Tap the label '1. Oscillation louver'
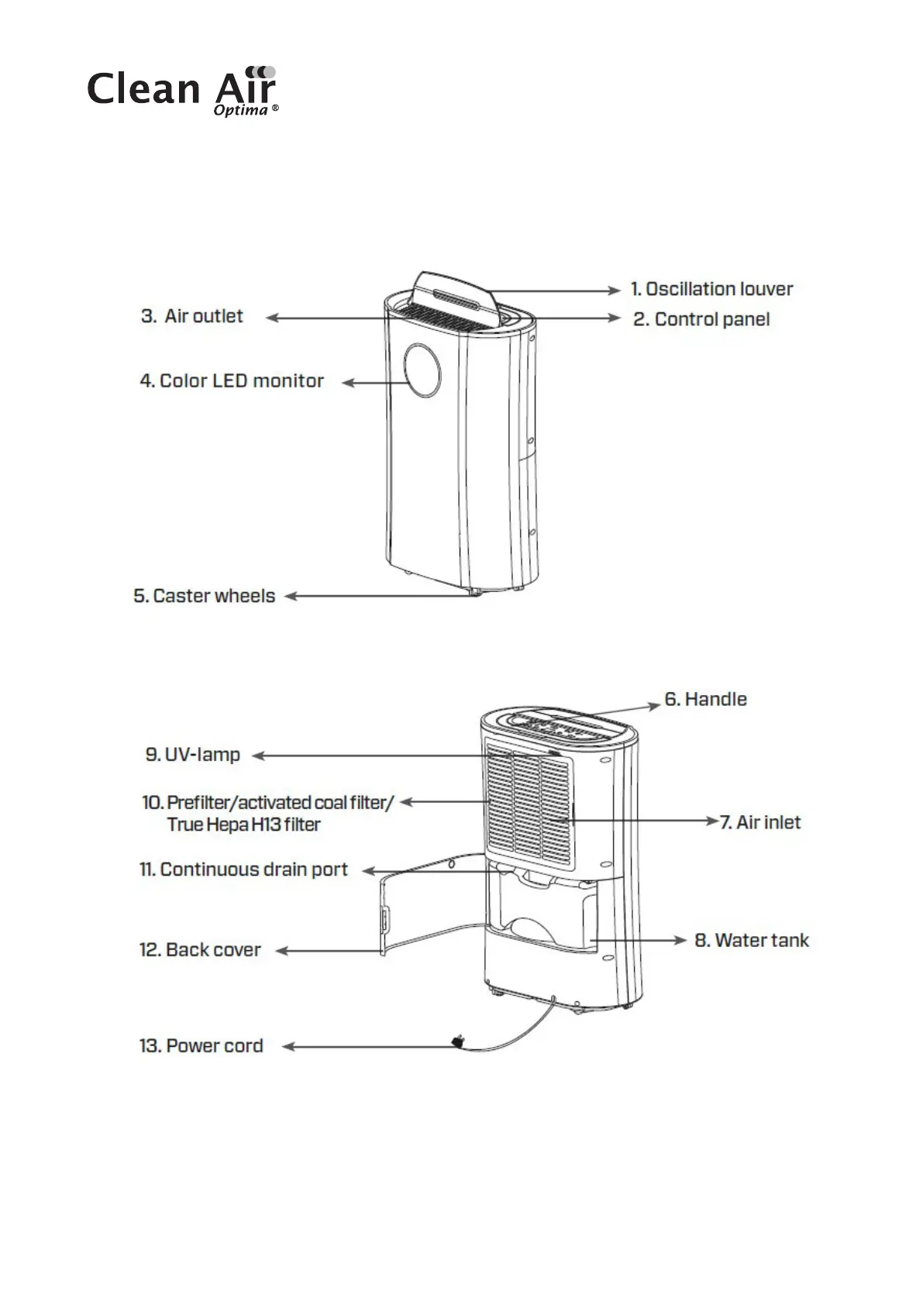(711, 289)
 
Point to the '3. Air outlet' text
(192, 316)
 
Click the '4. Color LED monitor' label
(232, 380)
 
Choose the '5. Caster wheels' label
(205, 596)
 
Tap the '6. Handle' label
(705, 699)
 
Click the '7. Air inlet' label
(760, 822)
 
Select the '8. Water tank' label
(752, 940)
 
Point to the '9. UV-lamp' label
(193, 755)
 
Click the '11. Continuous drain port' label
(244, 869)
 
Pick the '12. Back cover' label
(200, 950)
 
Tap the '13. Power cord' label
(201, 1046)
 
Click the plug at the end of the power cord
(458, 1043)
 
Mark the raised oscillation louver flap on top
(453, 293)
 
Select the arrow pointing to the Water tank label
(643, 940)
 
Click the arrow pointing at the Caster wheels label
(372, 596)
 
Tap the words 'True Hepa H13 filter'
(243, 825)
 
